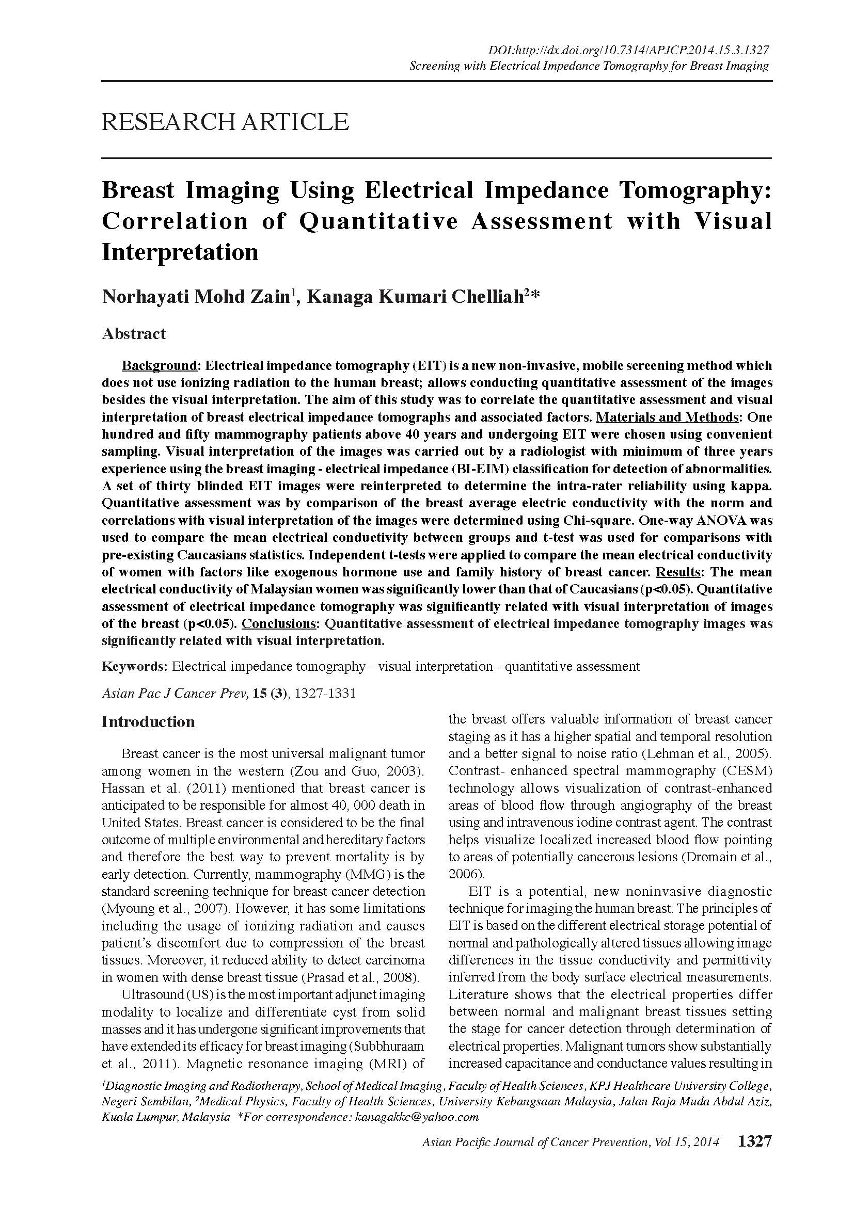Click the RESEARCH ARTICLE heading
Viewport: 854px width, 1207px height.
[225, 122]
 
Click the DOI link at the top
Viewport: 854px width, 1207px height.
[629, 51]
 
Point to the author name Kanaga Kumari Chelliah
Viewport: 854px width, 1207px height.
[418, 297]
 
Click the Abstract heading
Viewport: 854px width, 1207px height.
[134, 333]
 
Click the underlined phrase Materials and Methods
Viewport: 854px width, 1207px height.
[667, 417]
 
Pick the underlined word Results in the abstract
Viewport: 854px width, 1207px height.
[678, 572]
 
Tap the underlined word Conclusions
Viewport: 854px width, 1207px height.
[279, 624]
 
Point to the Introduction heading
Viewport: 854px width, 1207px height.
[148, 721]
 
